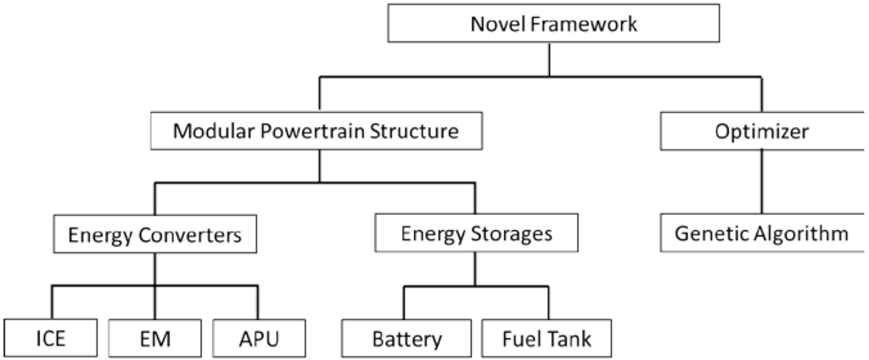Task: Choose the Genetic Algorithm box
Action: point(761,233)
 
